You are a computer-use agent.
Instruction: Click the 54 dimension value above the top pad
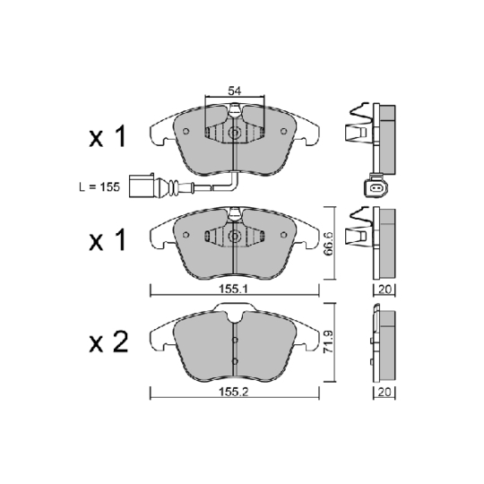tap(234, 91)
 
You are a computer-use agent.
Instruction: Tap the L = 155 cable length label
tap(99, 188)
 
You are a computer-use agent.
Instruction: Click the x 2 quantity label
tap(108, 341)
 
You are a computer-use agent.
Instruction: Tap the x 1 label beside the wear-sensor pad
tap(108, 137)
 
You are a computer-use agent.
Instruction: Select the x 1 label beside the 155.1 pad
tap(108, 239)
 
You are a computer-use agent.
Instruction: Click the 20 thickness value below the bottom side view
tap(384, 392)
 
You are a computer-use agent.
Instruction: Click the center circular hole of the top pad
tap(234, 134)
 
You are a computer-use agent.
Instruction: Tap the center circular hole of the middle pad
tap(234, 237)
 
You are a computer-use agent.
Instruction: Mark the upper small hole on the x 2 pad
tap(234, 341)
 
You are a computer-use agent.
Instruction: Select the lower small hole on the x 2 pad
tap(234, 361)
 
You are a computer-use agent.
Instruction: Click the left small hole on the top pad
tap(186, 132)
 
